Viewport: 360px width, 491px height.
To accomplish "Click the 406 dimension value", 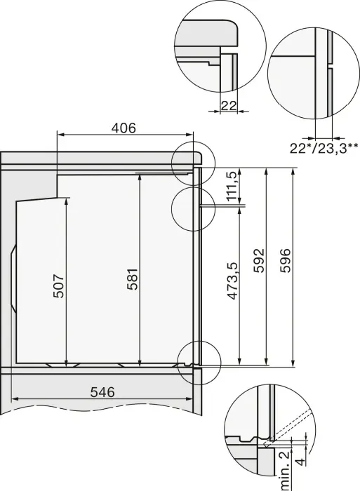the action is [x=124, y=128].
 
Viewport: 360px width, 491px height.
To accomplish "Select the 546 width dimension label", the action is [x=102, y=392].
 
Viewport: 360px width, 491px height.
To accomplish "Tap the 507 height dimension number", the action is [x=58, y=286].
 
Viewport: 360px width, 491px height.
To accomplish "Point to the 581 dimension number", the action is [x=133, y=279].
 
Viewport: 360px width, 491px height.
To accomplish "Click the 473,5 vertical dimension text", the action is [x=232, y=281].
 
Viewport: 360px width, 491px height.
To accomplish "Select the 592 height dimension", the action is [x=259, y=260].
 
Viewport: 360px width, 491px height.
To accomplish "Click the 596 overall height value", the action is [x=285, y=260].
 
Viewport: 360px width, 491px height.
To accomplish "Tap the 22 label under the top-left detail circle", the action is [x=228, y=105].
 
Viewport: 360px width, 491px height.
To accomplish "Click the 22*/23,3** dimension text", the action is [x=324, y=148].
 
